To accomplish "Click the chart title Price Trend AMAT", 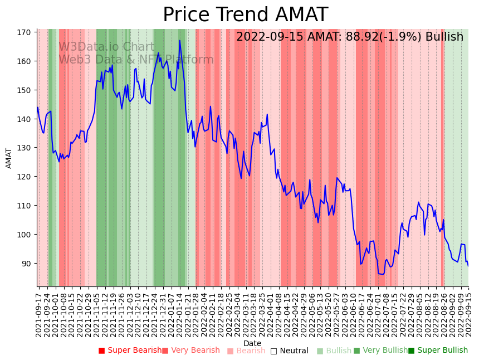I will coord(245,15).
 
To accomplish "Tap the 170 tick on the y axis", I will coord(23,32).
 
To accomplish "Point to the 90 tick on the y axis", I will coord(26,263).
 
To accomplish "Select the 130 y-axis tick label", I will coord(23,148).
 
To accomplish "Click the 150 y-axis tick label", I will coord(23,90).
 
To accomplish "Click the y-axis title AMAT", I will coord(9,158).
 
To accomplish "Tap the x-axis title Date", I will coord(252,343).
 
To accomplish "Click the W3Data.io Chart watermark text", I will coord(107,47).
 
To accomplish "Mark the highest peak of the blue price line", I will coord(179,41).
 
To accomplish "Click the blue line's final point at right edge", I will coord(468,266).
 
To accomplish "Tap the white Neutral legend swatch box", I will coord(273,351).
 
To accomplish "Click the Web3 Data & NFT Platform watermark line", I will coord(136,60).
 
